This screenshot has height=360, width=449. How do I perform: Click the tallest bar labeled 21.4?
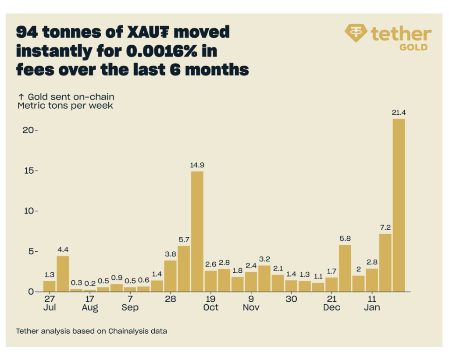399,205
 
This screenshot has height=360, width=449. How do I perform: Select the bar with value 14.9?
197,231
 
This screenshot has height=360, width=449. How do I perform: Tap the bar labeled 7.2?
385,262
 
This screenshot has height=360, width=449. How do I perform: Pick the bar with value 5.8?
345,268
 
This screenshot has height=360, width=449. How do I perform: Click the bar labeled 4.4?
63,274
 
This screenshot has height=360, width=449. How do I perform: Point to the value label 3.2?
264,258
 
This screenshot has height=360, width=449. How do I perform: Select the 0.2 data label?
90,283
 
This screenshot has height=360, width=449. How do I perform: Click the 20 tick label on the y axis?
29,130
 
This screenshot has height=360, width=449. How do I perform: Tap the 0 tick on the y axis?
32,292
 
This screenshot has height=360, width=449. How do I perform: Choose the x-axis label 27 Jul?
50,303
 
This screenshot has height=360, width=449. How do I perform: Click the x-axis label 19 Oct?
210,303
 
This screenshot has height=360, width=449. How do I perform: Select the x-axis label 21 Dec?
331,303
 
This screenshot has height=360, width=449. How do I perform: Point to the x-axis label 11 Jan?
372,303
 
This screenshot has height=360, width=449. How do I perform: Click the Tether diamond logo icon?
356,33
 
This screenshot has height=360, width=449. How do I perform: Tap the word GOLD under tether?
413,47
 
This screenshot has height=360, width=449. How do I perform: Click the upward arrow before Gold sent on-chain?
20,97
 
